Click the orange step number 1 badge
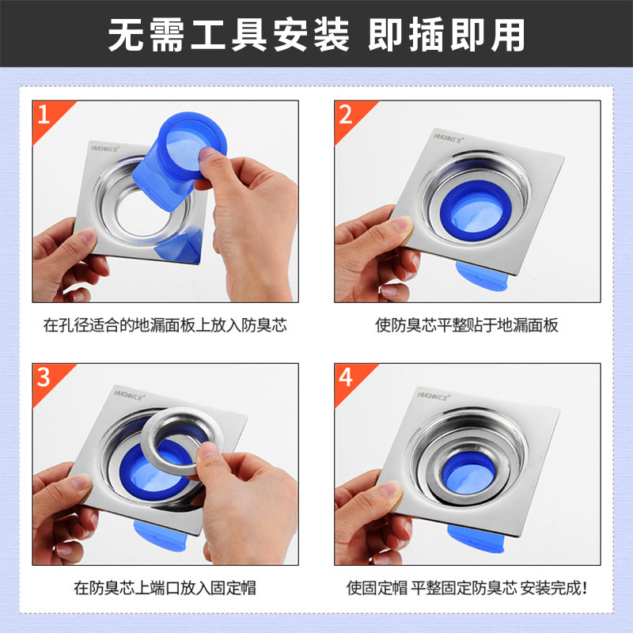[47, 117]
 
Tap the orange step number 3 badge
[47, 380]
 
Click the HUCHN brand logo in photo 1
[105, 148]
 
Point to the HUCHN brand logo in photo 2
[449, 138]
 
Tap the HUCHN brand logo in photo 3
[129, 394]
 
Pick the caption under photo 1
[165, 325]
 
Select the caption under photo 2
[467, 325]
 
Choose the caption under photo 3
[165, 588]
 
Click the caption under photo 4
[467, 588]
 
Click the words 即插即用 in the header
[446, 35]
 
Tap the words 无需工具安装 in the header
[229, 35]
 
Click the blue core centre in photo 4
[468, 473]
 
